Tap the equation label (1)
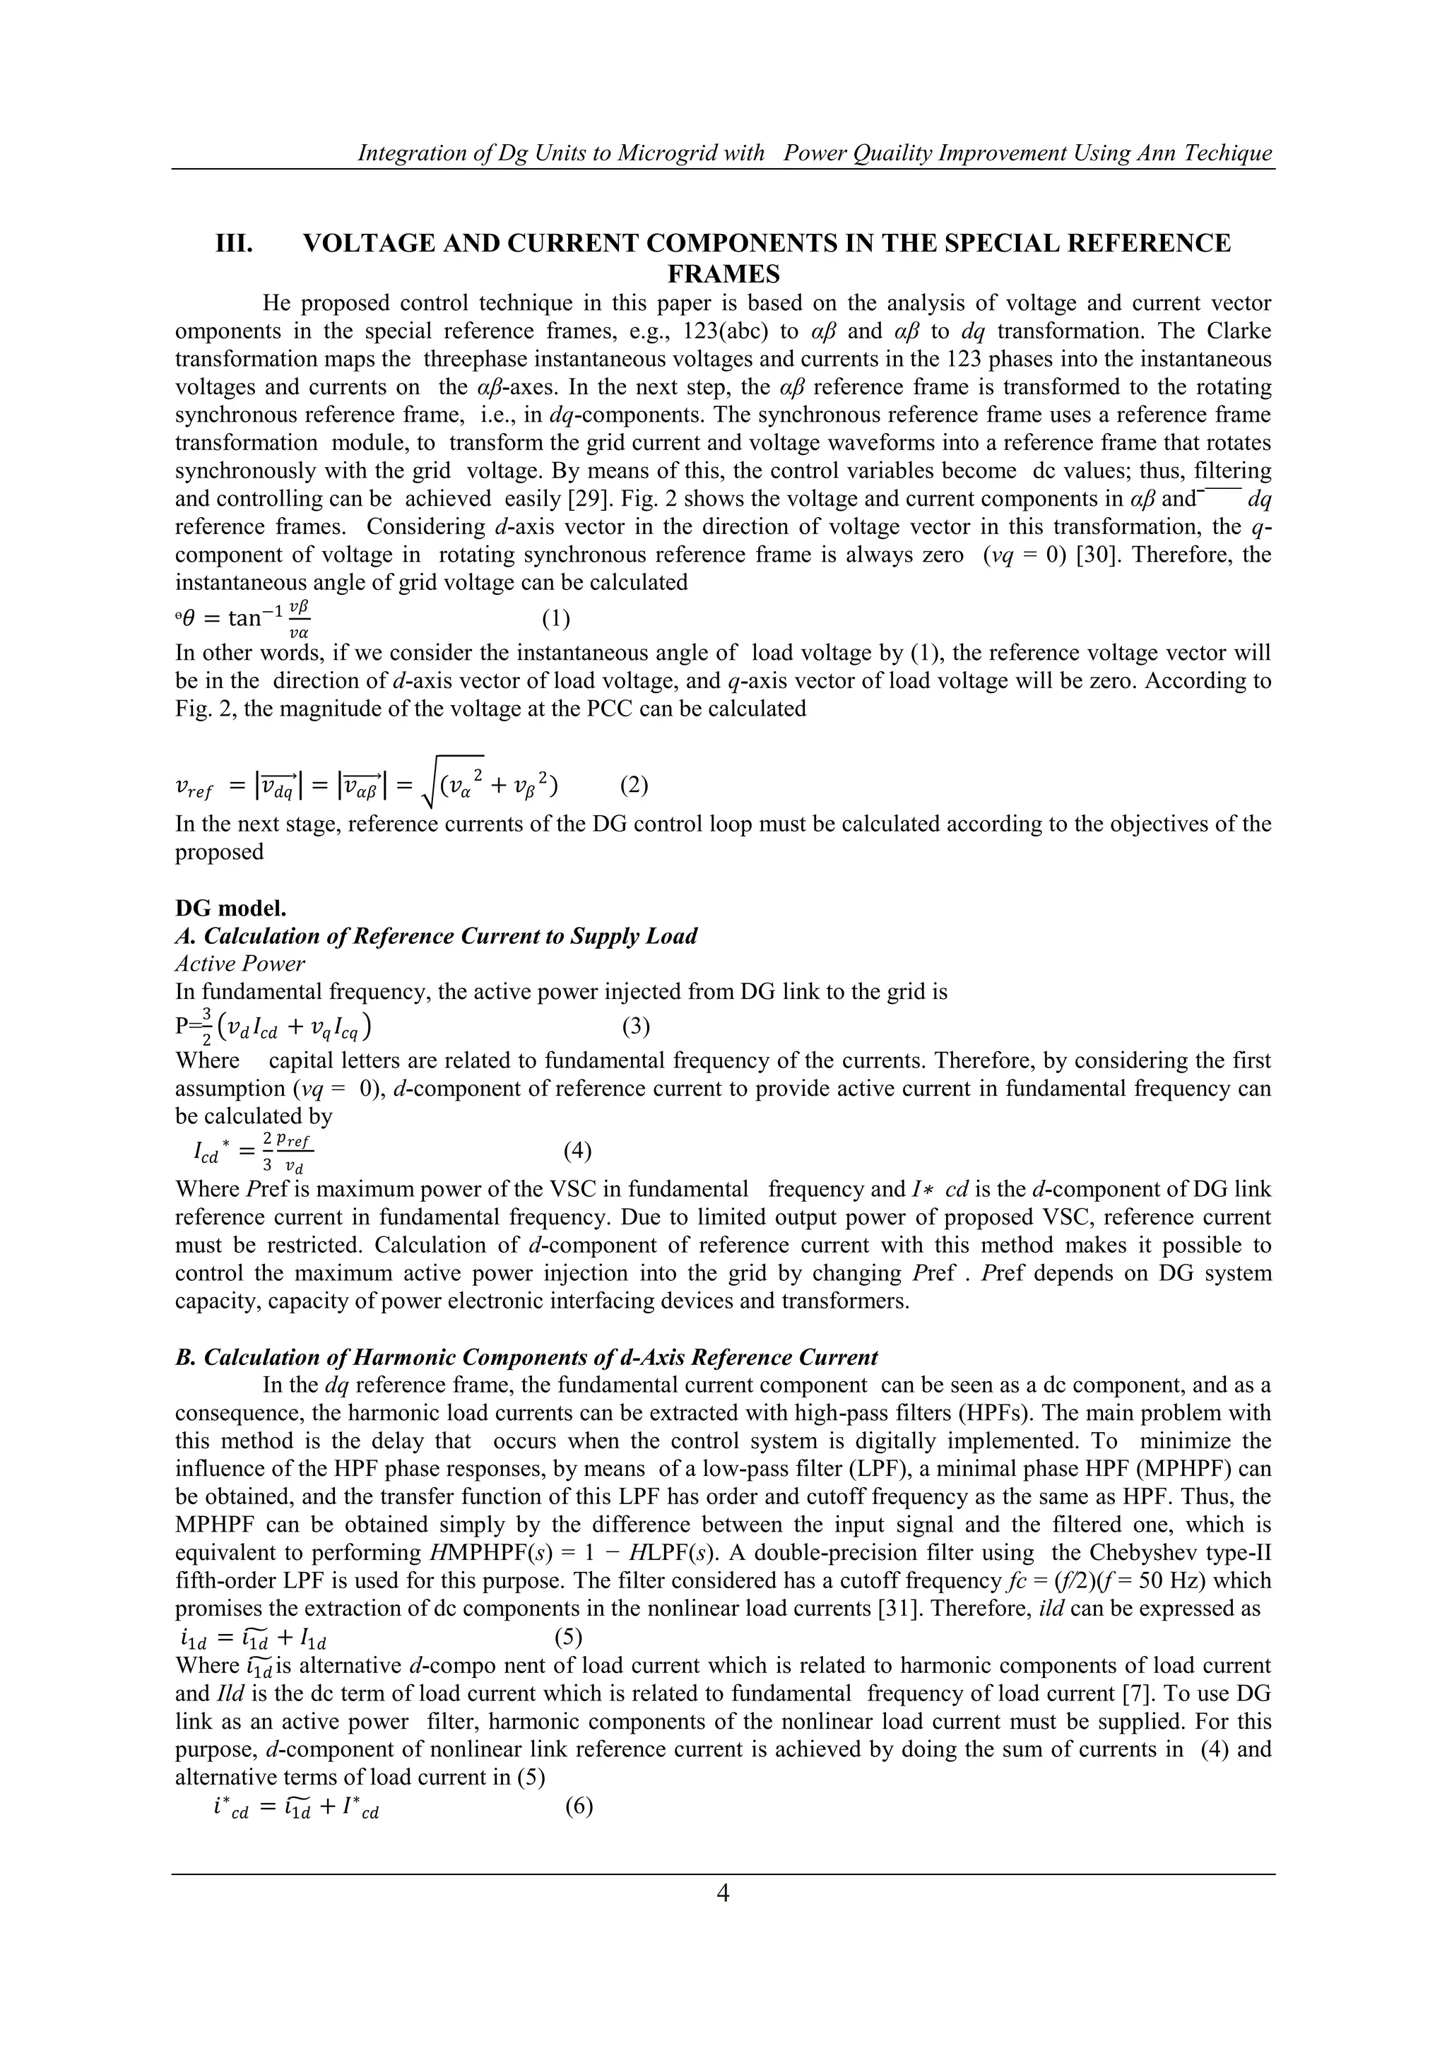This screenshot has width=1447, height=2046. coord(556,617)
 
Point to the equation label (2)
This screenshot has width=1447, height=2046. coord(634,785)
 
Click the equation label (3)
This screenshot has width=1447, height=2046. coord(635,1027)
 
